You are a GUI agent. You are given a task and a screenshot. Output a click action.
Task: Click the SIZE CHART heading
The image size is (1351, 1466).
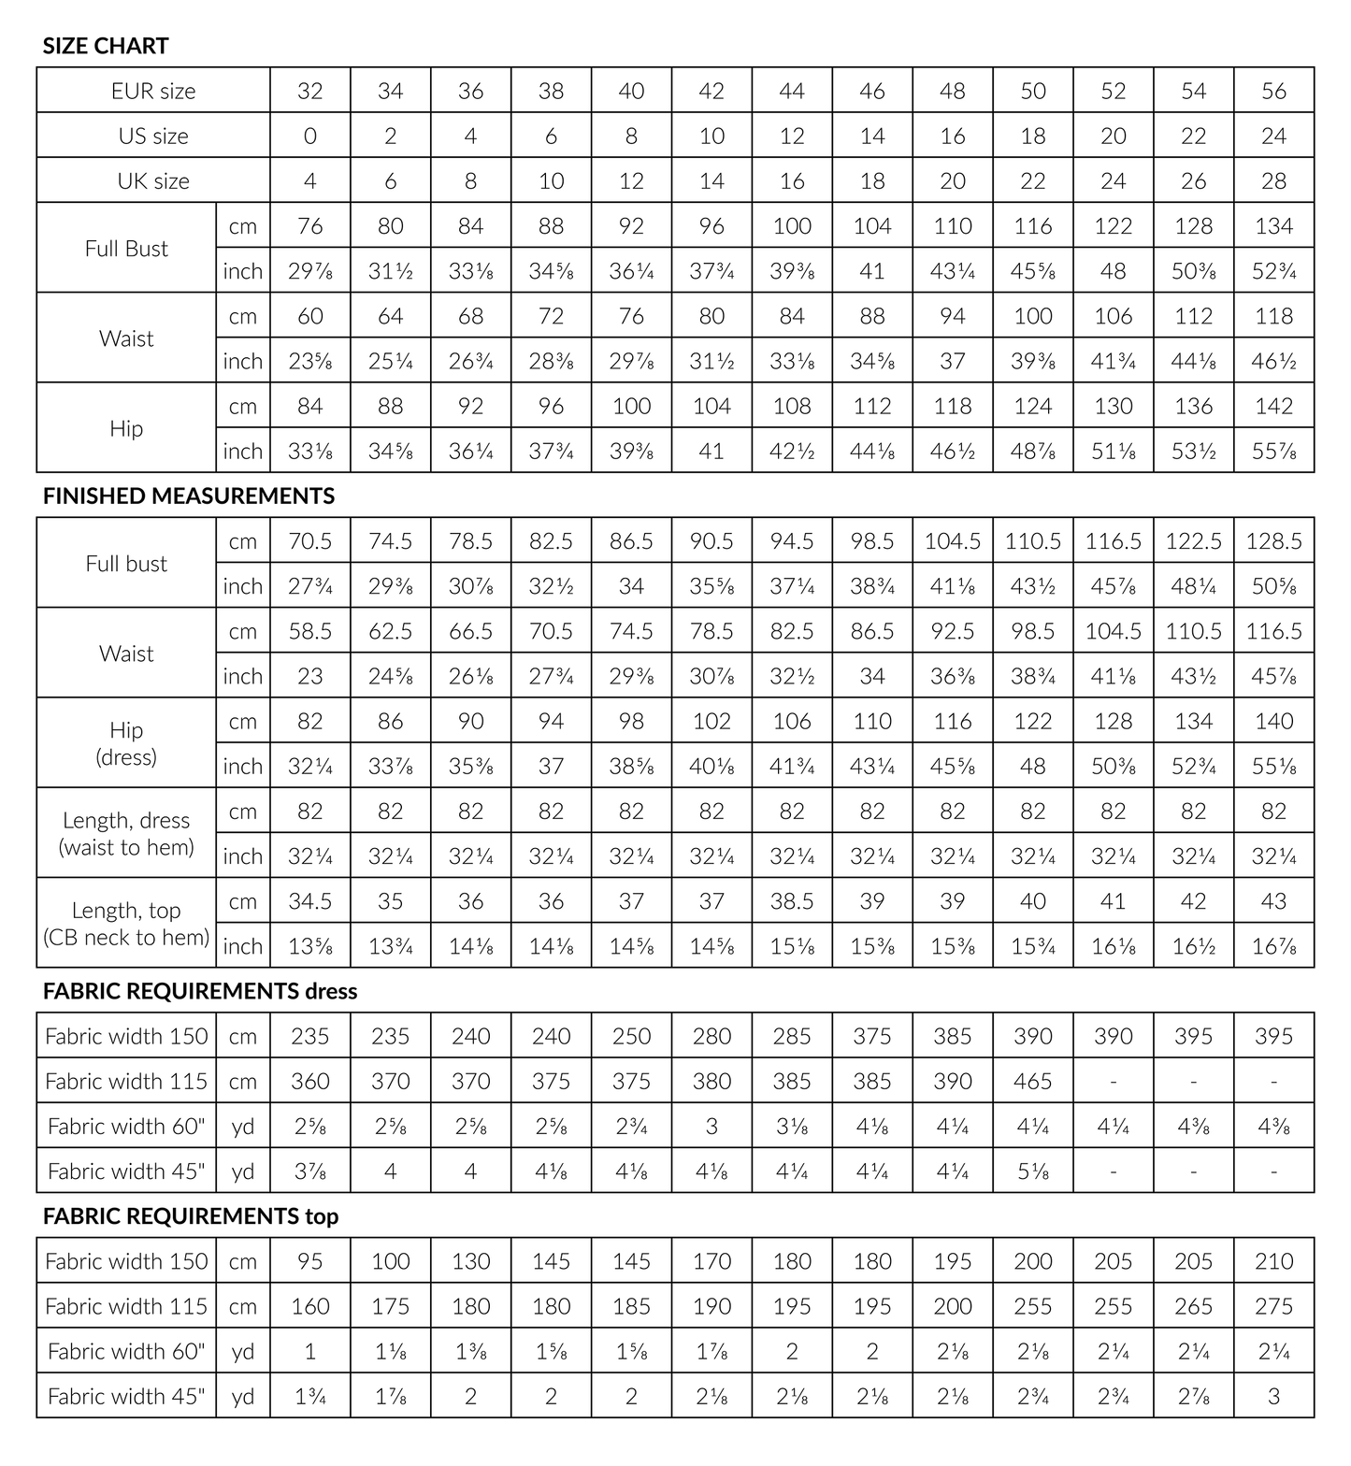106,46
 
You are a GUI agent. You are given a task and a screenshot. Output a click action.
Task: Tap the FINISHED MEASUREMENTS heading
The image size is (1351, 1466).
188,496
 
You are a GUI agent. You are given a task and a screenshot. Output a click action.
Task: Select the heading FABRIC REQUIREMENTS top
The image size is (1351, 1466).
190,1216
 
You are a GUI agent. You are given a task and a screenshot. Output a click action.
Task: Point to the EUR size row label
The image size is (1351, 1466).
153,91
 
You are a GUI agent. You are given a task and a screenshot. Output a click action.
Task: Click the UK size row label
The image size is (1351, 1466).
153,180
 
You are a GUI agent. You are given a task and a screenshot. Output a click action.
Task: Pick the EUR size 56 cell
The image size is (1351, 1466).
1273,91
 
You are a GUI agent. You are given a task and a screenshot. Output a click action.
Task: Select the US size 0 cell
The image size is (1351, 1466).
309,136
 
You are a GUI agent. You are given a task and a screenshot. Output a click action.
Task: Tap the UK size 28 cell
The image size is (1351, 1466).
1273,180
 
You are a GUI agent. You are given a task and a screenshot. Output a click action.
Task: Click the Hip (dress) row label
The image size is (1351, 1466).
126,743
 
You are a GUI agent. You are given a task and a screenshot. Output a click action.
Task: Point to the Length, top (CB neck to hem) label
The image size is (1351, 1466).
126,923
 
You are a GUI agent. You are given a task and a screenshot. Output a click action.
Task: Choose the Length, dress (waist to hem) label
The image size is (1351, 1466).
126,833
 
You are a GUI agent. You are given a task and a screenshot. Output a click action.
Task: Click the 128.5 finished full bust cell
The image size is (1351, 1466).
1273,541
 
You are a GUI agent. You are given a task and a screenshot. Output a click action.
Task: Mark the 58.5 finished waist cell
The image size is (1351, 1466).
309,631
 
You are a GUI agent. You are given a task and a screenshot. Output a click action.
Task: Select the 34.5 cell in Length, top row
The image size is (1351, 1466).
309,901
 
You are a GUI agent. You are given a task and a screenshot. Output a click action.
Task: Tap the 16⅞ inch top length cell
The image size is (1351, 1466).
1273,946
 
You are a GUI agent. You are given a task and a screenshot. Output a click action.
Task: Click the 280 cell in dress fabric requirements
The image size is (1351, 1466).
711,1036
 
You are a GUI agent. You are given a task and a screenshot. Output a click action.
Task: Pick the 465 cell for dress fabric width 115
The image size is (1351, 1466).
1032,1081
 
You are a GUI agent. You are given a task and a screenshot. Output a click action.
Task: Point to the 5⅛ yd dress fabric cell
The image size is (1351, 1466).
1032,1171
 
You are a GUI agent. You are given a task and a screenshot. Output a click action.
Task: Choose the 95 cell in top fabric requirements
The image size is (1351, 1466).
309,1261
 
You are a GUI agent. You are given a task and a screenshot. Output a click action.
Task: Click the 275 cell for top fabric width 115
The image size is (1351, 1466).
1273,1306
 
